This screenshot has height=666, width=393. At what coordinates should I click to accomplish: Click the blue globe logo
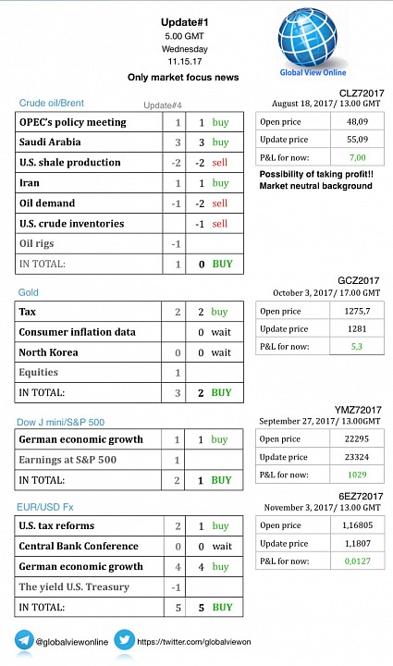[308, 37]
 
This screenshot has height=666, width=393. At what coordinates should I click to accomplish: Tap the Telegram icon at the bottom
[24, 640]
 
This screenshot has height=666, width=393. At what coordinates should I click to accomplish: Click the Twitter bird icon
[124, 640]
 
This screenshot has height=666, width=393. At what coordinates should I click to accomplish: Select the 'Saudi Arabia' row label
[50, 142]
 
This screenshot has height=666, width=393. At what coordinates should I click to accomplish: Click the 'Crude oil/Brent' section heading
[52, 103]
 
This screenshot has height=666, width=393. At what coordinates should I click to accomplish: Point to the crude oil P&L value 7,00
[357, 157]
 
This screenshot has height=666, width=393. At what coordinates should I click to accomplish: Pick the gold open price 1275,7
[357, 312]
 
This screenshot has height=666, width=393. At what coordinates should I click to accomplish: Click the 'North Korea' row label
[48, 352]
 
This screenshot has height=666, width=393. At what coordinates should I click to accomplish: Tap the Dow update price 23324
[357, 457]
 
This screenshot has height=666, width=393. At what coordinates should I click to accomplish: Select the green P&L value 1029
[357, 475]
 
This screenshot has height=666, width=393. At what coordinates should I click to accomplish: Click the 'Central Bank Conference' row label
[79, 547]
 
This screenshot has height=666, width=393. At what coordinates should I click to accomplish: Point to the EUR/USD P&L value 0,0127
[357, 561]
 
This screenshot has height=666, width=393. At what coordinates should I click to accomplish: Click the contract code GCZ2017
[358, 281]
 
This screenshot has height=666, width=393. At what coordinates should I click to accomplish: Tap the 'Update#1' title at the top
[185, 22]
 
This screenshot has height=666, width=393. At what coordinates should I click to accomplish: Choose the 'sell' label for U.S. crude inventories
[220, 224]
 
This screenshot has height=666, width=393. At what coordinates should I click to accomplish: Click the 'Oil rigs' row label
[36, 244]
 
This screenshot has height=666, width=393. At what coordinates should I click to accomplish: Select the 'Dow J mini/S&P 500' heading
[60, 422]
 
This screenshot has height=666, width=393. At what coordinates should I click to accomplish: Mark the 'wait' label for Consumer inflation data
[221, 332]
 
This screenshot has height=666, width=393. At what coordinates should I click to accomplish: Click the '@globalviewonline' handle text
[72, 642]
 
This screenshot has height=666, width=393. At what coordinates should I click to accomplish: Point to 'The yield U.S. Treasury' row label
[74, 587]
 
